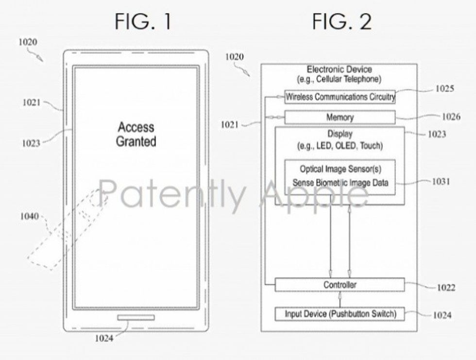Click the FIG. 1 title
(x=143, y=22)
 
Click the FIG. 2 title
(x=341, y=22)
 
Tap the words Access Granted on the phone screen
(x=136, y=135)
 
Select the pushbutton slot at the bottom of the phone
(x=136, y=317)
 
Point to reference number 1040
(x=29, y=216)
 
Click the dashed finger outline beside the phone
(x=68, y=231)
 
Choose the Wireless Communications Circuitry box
(x=340, y=97)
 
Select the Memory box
(x=340, y=118)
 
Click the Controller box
(x=340, y=285)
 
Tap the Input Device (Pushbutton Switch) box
(x=340, y=314)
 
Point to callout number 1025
(x=444, y=88)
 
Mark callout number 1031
(x=441, y=181)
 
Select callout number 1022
(x=445, y=288)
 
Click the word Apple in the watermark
(x=313, y=194)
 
